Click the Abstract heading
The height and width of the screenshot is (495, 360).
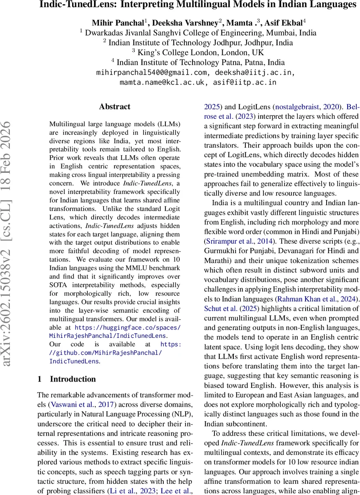[x=115, y=106]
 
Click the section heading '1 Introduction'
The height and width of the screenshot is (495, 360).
[x=66, y=379]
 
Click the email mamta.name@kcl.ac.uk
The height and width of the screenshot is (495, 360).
[x=163, y=82]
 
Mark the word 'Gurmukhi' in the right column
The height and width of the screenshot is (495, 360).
[x=220, y=250]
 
